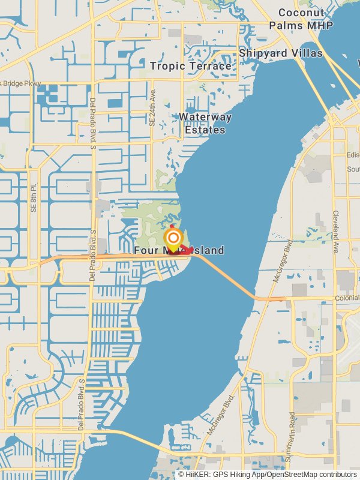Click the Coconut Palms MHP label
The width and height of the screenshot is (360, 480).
pos(301,19)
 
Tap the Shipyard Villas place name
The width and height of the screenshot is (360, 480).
pos(281,53)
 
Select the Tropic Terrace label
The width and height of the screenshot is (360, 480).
pos(191,66)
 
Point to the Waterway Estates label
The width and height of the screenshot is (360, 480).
pos(205,123)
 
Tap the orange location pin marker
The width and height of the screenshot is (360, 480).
pos(173,238)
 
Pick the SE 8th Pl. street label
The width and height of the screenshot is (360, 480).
pos(34,198)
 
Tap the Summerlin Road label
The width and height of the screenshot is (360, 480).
pos(292,436)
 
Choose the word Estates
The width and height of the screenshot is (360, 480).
pos(205,130)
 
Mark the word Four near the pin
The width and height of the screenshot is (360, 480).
pos(146,250)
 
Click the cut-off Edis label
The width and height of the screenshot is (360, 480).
pos(353,154)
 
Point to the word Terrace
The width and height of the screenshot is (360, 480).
pos(210,66)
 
